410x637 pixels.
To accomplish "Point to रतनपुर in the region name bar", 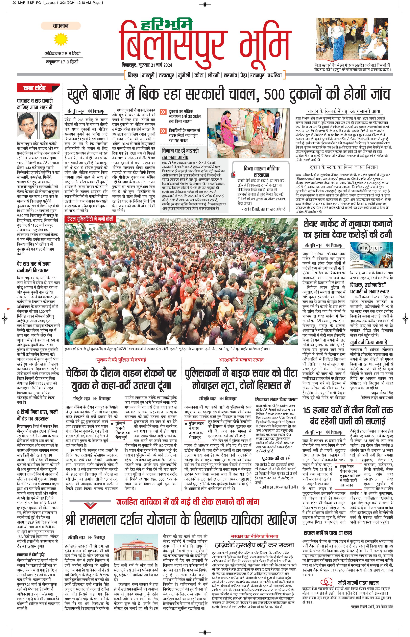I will pos(257,75).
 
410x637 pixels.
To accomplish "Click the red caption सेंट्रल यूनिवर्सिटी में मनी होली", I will pos(90,219).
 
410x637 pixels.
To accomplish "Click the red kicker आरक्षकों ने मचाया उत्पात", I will pos(241,360).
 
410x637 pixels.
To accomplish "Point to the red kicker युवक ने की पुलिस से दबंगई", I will pos(121,360).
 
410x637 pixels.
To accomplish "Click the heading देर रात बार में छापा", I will pos(34,264).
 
